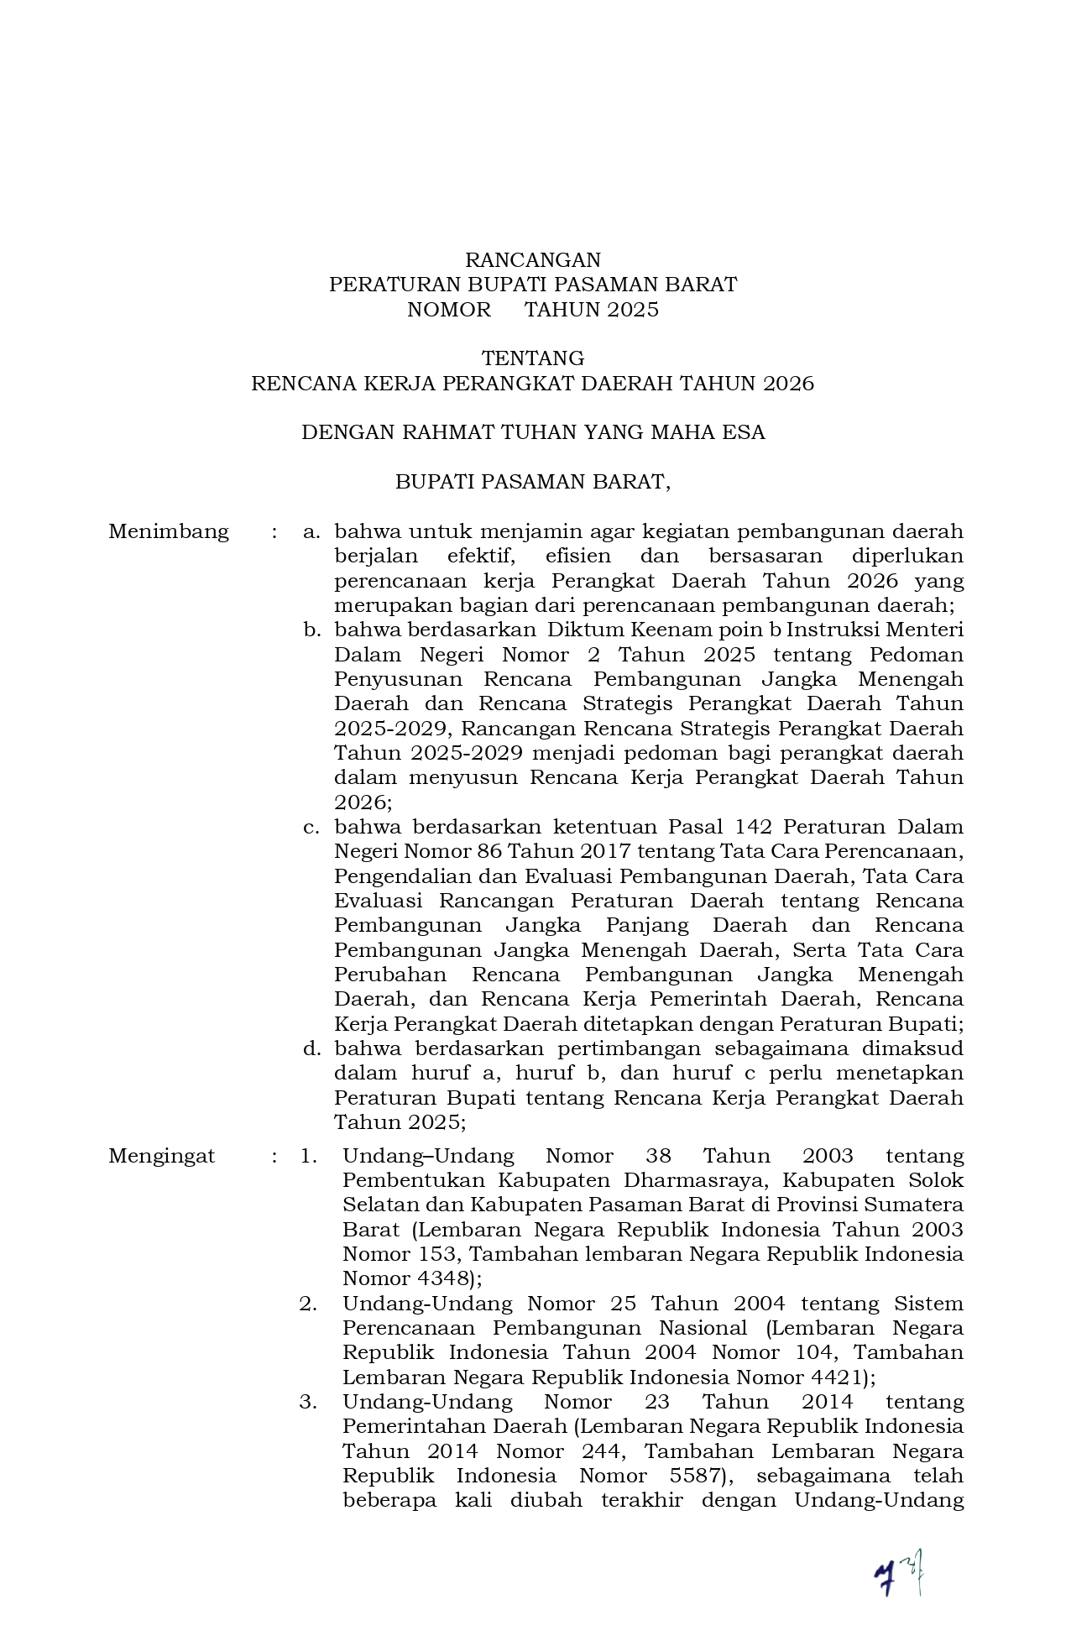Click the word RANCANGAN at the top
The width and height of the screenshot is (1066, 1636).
pos(533,260)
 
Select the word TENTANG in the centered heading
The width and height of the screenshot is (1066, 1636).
pos(533,358)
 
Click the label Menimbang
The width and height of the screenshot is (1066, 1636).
pos(168,531)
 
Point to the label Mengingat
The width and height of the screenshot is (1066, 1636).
pos(161,1156)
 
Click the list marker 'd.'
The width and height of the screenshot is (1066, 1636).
pos(311,1048)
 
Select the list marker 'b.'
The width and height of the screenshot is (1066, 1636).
pos(311,630)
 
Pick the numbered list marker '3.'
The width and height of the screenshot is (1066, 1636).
pos(308,1402)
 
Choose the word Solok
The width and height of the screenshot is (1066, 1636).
pos(936,1180)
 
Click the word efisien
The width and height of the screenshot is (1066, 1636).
pos(581,556)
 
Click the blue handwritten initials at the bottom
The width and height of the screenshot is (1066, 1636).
pos(898,1572)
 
